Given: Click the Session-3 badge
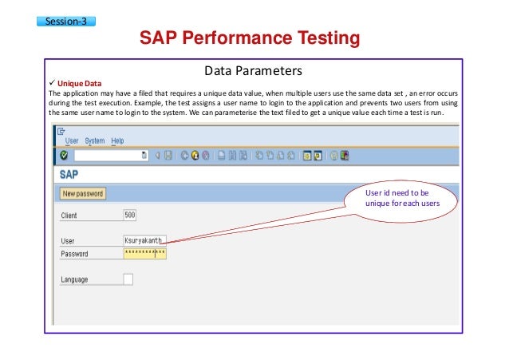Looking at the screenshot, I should coord(66,21).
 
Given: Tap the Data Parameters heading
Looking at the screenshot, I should coord(254,69).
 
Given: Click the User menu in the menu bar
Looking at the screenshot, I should coord(72,141).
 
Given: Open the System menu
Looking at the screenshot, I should coord(95,141).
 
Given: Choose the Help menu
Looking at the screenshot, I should coord(118,141).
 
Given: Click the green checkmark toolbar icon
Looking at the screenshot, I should coord(64,155).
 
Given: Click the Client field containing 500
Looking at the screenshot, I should coord(130,214).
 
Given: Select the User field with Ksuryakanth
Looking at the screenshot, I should coord(144,239).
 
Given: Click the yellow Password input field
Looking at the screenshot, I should coord(144,253).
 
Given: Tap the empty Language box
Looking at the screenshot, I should coord(128,279).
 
